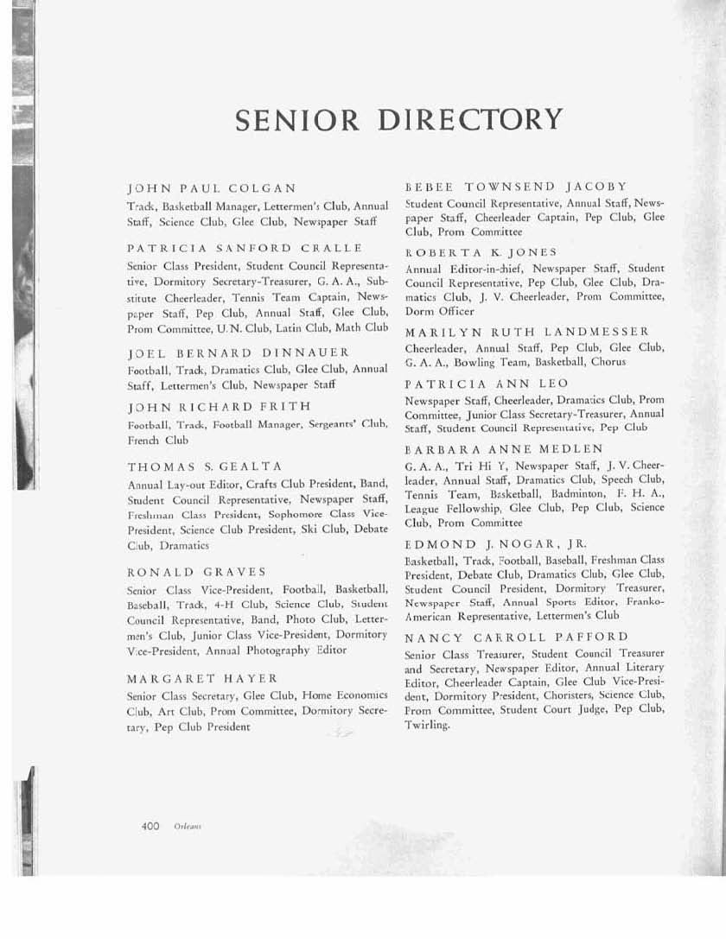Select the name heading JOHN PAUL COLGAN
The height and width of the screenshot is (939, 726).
(212, 187)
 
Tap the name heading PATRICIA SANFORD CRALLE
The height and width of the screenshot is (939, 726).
(245, 249)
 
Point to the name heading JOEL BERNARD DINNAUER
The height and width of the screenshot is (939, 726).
(239, 352)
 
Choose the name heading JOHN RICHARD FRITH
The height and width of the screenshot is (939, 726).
(219, 406)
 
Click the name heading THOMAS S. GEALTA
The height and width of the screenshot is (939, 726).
(205, 466)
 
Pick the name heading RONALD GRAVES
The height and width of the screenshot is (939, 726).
(196, 572)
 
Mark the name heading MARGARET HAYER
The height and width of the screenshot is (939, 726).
(202, 678)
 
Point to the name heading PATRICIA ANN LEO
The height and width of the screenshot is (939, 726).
(487, 383)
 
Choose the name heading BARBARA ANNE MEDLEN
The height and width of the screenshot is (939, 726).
(504, 449)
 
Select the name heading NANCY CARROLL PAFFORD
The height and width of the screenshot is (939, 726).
(517, 637)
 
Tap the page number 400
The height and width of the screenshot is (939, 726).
(150, 826)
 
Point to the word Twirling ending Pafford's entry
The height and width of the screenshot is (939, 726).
(428, 725)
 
